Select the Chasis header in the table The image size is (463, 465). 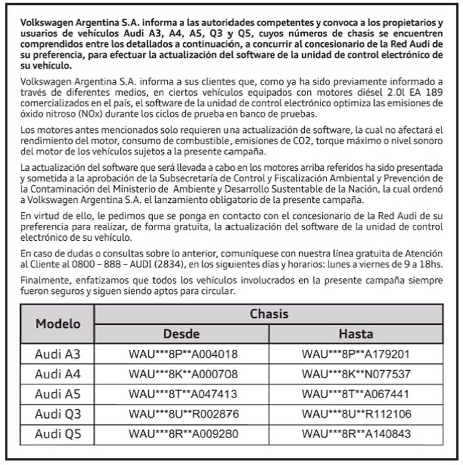point(269,314)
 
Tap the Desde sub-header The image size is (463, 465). point(181,334)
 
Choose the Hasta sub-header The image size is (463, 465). point(356,334)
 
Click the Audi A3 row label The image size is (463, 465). point(58,354)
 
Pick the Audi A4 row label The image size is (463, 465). point(58,374)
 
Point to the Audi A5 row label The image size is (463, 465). point(58,394)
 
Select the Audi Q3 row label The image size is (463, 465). point(58,414)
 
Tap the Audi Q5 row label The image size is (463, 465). point(58,433)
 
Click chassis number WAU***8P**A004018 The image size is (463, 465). point(183,354)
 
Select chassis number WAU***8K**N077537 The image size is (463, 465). point(356,374)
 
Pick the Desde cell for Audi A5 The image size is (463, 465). point(183,394)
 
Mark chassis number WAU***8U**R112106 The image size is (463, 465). point(356,414)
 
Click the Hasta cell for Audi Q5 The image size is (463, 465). point(356,434)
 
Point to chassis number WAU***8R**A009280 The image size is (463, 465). point(183,434)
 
